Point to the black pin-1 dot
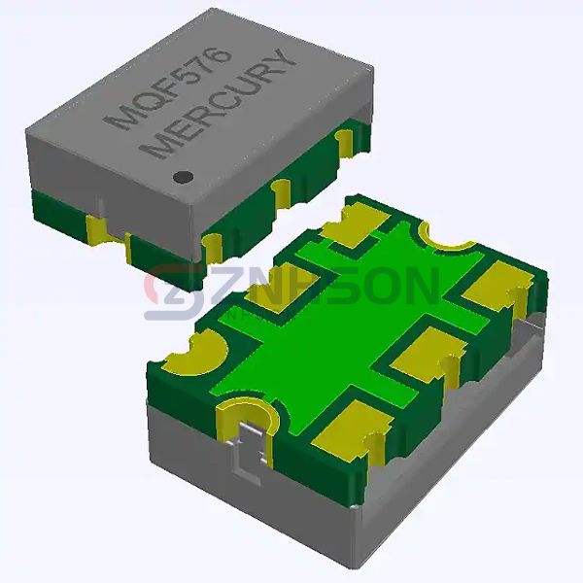pos(182,177)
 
